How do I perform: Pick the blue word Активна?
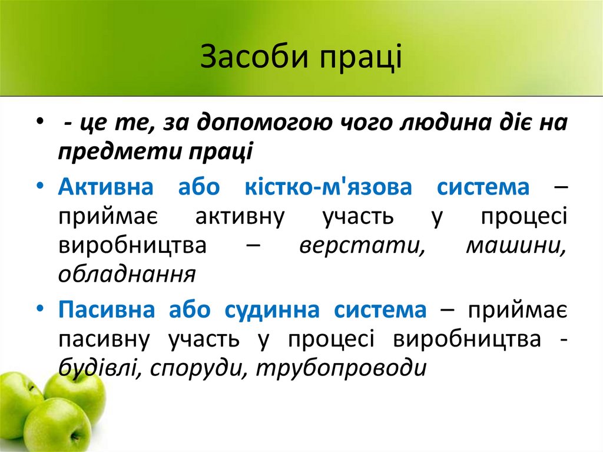point(106,189)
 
